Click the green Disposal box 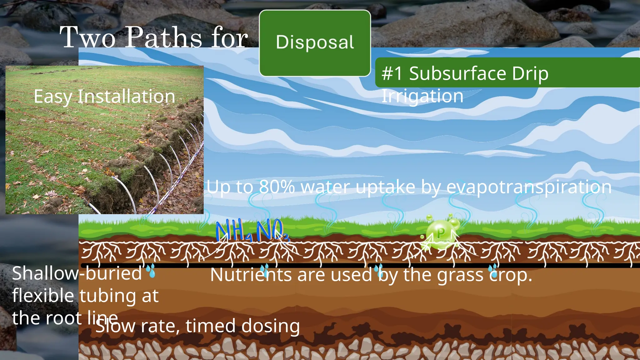315,43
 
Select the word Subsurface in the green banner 457,74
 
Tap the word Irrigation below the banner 422,96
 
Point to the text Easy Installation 104,96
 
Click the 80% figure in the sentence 277,187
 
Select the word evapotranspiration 529,187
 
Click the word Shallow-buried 77,273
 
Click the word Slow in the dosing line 115,326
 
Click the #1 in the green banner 392,74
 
